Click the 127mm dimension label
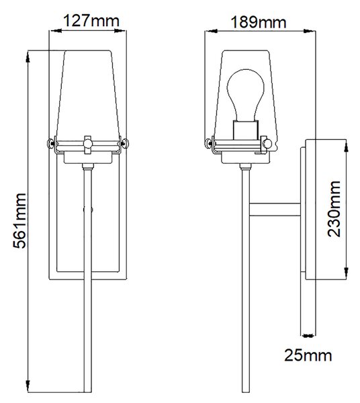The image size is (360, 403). coord(91,21)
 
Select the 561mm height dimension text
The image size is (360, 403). coord(19,221)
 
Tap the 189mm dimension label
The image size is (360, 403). coord(259,22)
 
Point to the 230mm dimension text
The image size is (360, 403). coord(334,209)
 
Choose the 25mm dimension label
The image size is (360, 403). coord(308,355)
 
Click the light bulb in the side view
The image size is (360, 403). coord(245,95)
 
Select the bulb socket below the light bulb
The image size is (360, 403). coord(245,130)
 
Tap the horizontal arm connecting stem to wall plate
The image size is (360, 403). coord(275,210)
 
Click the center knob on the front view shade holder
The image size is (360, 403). coord(87,144)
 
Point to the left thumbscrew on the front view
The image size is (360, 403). coord(50,143)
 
